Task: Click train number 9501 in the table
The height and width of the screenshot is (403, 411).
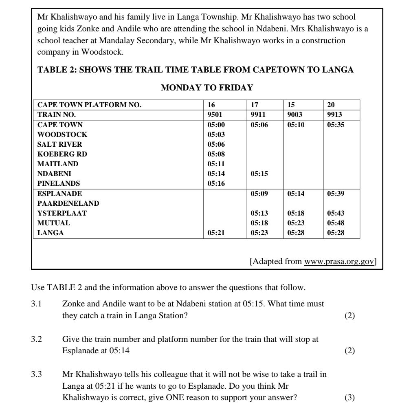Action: pos(215,115)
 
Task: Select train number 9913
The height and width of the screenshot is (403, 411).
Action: pos(334,115)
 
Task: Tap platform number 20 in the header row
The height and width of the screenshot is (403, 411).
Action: pos(331,105)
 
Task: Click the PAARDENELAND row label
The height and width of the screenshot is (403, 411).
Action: pos(68,203)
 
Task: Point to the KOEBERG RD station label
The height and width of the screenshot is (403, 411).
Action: pos(62,154)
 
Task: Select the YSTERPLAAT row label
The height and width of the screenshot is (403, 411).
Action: pos(62,213)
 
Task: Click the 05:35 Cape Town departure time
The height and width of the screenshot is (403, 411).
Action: pos(336,125)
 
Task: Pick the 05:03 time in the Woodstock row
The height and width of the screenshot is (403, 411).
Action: pos(216,134)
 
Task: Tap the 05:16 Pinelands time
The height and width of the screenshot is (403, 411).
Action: pos(216,183)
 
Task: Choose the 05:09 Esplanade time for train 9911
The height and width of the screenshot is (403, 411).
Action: pos(259,194)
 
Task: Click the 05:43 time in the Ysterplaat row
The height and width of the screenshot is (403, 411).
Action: pos(336,213)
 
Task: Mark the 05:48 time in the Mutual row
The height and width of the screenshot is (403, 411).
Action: pos(336,223)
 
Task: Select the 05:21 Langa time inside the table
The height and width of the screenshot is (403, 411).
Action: pos(216,233)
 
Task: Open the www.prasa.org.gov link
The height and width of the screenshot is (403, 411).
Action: pos(339,261)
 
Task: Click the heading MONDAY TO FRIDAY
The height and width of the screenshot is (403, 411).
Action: pos(207,88)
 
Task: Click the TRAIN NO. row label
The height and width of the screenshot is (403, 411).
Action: pos(57,115)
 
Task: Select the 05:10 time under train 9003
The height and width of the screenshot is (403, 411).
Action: pos(296,125)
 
